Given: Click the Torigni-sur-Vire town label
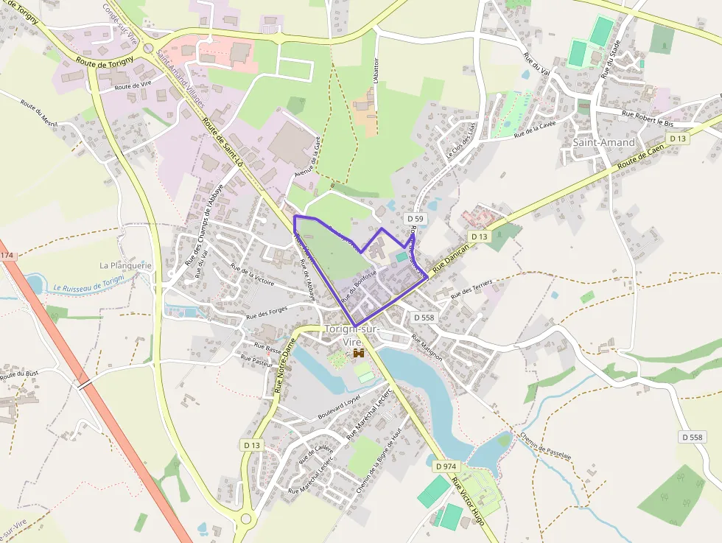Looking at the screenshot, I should tap(351, 335).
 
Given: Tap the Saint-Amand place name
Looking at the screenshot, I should tap(603, 141).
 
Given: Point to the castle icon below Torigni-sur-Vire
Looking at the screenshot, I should tap(360, 354).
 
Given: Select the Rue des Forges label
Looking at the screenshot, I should tap(267, 313).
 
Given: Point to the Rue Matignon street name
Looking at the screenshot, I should tap(427, 347).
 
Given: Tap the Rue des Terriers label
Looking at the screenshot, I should tap(472, 289).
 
